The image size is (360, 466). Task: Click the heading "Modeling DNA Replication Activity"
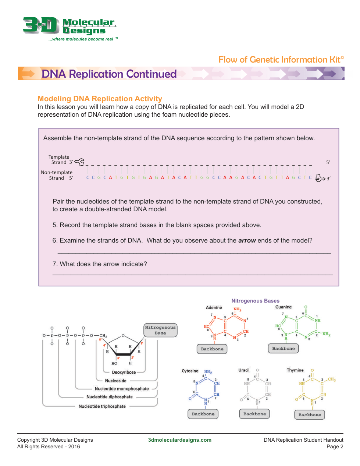100,99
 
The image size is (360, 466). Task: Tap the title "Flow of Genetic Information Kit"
281,60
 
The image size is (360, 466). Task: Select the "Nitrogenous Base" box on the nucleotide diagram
160,330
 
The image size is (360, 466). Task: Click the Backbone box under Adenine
212,349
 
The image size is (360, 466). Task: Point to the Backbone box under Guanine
284,349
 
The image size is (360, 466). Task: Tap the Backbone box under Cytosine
203,414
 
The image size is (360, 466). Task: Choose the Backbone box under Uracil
254,414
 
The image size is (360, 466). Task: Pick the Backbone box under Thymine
310,415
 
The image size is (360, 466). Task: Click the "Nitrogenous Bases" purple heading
255,301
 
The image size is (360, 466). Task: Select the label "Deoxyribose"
124,373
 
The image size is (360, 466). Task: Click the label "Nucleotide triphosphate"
102,406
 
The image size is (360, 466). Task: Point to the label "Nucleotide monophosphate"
122,389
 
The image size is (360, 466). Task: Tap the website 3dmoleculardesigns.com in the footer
179,440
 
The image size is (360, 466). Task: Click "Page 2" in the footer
335,446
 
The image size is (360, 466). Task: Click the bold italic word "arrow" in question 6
247,241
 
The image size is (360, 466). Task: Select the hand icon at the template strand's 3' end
80,162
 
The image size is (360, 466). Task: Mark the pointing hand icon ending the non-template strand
320,178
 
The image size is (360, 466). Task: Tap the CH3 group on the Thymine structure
332,379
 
